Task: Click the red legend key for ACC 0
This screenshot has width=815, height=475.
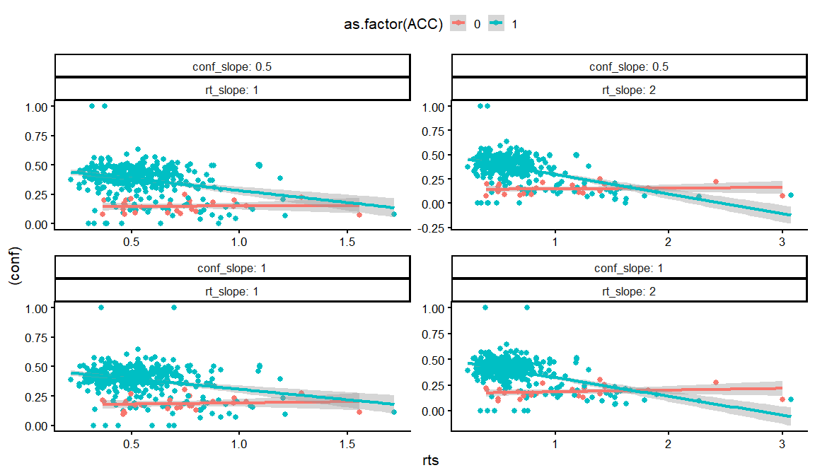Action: (459, 24)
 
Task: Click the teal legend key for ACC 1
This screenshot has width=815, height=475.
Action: (497, 24)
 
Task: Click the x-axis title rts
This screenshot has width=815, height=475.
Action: (430, 461)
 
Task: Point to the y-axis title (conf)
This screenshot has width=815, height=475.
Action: (13, 274)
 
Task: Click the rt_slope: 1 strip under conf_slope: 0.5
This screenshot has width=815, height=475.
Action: (233, 89)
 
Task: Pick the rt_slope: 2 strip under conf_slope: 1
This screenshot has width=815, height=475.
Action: (630, 291)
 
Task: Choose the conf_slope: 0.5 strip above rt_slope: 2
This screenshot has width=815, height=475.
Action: (630, 66)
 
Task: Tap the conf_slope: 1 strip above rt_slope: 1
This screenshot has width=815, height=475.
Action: (233, 269)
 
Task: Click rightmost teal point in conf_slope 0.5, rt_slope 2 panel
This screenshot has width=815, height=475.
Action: (791, 195)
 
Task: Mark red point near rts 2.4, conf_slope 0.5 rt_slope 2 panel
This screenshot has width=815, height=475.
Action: (716, 182)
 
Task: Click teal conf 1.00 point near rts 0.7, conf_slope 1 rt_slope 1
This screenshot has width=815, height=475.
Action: (174, 307)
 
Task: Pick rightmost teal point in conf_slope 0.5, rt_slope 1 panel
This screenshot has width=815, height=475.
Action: (394, 213)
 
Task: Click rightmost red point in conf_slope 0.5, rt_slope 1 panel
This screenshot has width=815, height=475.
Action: (359, 215)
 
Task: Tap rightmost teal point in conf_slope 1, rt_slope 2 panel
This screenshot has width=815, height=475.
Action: (791, 399)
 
